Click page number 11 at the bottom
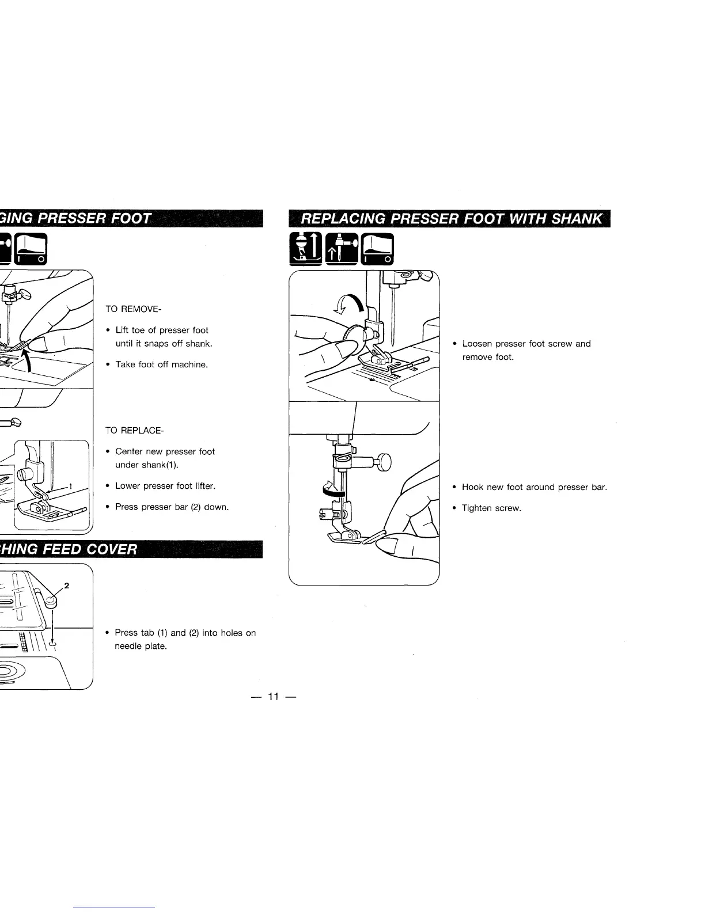pyautogui.click(x=273, y=697)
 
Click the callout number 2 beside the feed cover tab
pyautogui.click(x=67, y=586)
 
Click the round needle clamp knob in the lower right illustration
pyautogui.click(x=383, y=462)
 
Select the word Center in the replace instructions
pyautogui.click(x=128, y=451)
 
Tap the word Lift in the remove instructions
pyautogui.click(x=122, y=330)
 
